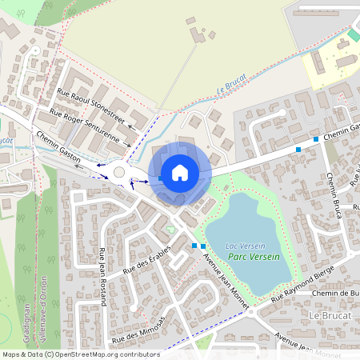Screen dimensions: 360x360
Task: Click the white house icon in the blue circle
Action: tap(180, 171)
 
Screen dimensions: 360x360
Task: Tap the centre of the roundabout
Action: tap(119, 171)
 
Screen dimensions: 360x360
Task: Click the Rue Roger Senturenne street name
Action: tap(85, 126)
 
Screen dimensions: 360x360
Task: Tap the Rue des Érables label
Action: tap(148, 259)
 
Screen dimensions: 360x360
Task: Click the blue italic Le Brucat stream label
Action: tap(232, 91)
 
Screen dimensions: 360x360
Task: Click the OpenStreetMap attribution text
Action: tap(80, 354)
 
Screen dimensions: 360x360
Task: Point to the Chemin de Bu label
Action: tap(335, 294)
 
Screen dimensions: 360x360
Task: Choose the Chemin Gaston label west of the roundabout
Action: tap(58, 148)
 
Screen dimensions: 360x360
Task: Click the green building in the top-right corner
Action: tap(354, 35)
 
